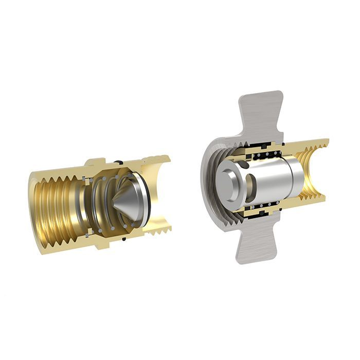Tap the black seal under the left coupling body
tap(123, 239)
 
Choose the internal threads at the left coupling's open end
tap(51, 206)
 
